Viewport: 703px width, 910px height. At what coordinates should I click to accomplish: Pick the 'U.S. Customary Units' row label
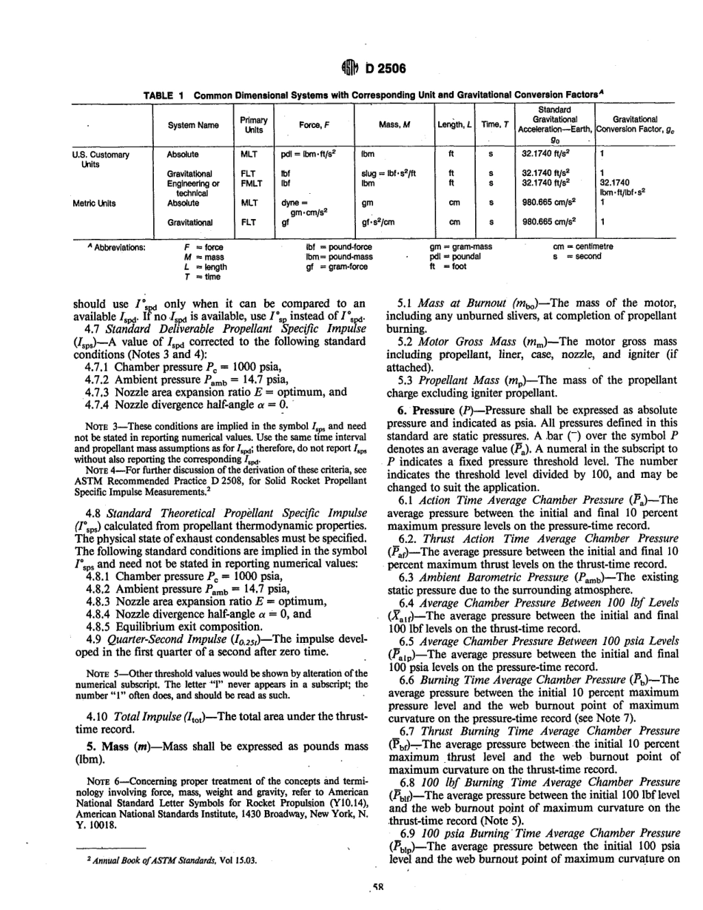tap(100, 159)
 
